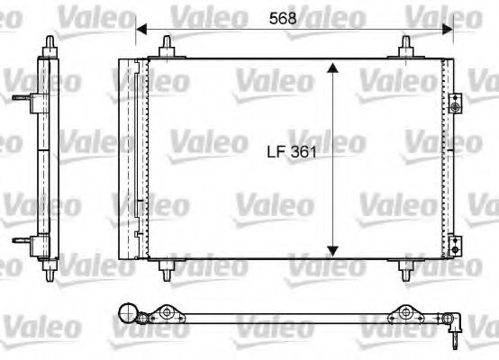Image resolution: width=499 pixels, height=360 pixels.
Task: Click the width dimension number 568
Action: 282,16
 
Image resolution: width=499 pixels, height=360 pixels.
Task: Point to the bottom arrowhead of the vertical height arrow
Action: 333,249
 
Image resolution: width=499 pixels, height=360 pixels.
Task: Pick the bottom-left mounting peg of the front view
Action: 168,267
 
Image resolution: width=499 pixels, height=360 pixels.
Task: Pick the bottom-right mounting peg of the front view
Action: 406,267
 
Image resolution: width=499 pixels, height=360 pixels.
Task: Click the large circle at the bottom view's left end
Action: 131,314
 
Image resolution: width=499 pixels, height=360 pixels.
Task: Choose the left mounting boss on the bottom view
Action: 168,314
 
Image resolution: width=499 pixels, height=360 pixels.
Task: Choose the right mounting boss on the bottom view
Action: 406,314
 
